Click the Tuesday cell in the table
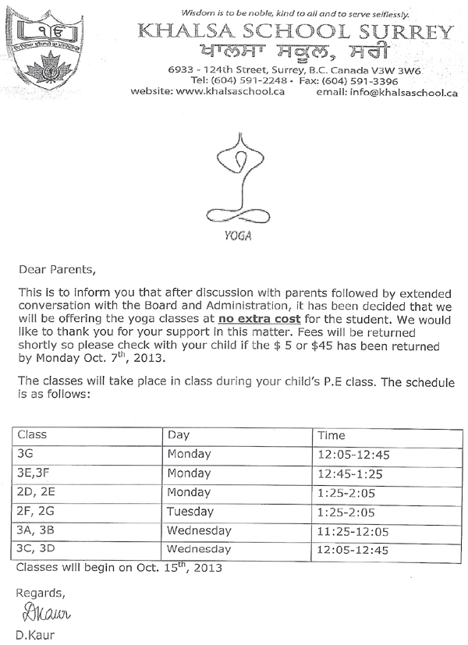pyautogui.click(x=190, y=512)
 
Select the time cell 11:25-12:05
pyautogui.click(x=353, y=531)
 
